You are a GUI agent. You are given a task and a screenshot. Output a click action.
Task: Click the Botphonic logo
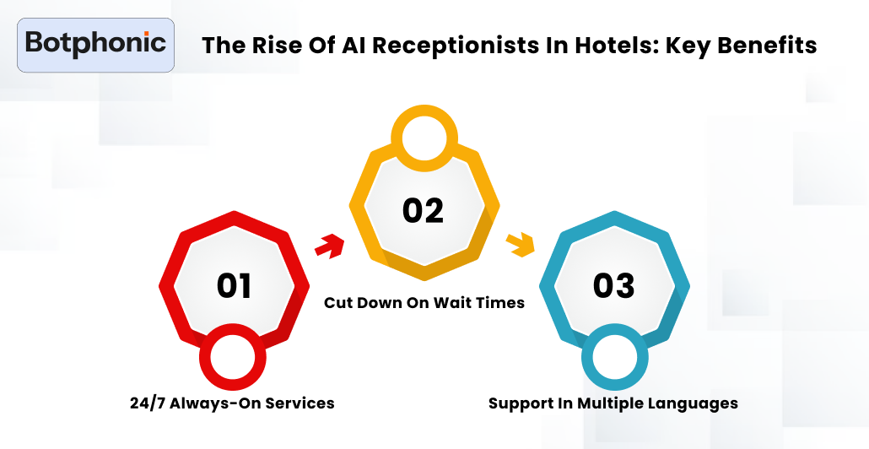tap(95, 45)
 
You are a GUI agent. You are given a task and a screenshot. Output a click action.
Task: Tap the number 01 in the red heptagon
tap(234, 285)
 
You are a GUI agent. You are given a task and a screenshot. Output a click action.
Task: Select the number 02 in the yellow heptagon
tap(424, 211)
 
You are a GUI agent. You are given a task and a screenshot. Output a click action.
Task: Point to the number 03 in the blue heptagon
tap(613, 285)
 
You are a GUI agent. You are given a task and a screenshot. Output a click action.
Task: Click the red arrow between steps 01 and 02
tap(330, 246)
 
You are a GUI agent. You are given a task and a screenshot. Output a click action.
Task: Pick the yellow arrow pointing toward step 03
tap(520, 245)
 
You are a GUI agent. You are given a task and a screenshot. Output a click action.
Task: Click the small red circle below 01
tap(233, 358)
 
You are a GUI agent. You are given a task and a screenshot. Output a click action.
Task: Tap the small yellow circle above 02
tap(424, 138)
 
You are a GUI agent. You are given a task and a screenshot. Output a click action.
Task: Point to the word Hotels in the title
tap(616, 45)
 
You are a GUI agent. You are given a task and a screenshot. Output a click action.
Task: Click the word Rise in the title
tap(273, 45)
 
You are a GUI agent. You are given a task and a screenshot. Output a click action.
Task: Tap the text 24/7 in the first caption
tap(147, 403)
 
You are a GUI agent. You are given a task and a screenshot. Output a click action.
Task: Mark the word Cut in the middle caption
tap(337, 303)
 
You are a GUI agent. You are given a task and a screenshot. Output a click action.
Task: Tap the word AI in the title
tap(353, 45)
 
